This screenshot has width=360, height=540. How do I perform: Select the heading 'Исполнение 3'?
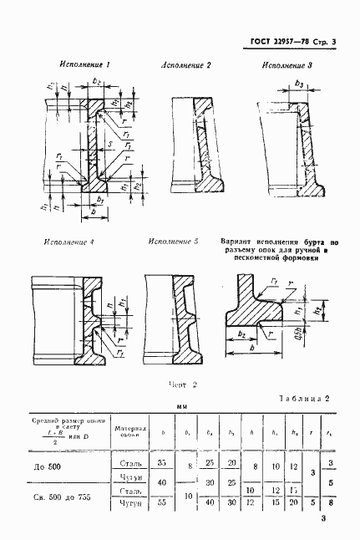[x=287, y=64]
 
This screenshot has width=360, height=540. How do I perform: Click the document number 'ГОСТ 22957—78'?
[x=279, y=42]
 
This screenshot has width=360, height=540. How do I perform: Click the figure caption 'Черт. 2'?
[x=181, y=385]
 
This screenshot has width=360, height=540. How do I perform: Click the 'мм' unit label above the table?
[x=181, y=409]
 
